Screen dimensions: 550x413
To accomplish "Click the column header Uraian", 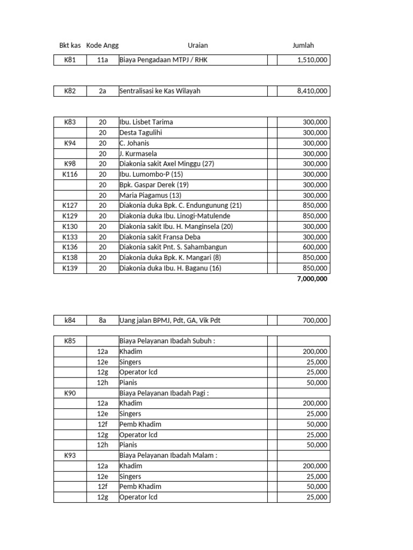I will (197, 46).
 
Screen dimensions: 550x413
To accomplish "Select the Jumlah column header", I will (303, 46).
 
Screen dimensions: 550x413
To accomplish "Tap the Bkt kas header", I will (70, 46).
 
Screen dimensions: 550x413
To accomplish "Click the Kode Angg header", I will (102, 46).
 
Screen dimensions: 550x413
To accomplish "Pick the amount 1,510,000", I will (312, 60).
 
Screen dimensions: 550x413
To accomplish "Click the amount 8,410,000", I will (312, 91).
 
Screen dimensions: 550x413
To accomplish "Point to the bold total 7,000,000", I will (311, 279).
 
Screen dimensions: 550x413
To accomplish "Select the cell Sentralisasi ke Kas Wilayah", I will (160, 91).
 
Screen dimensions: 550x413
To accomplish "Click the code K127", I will (70, 206).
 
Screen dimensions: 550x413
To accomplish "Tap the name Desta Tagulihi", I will (141, 133).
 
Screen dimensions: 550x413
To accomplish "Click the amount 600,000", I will (315, 247).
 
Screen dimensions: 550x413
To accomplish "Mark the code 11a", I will (103, 60).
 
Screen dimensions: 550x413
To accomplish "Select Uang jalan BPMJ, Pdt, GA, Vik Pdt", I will (170, 321).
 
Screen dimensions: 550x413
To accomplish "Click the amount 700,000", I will (315, 321).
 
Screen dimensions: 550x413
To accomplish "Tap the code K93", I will (70, 455).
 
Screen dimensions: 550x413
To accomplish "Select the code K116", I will (70, 175).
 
